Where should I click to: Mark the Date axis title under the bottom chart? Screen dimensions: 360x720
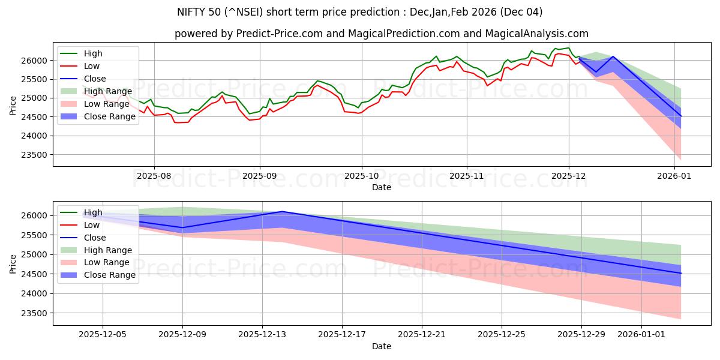(382, 346)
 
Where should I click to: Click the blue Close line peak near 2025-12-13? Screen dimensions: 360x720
(282, 211)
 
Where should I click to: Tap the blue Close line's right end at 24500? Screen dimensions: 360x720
(680, 273)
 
